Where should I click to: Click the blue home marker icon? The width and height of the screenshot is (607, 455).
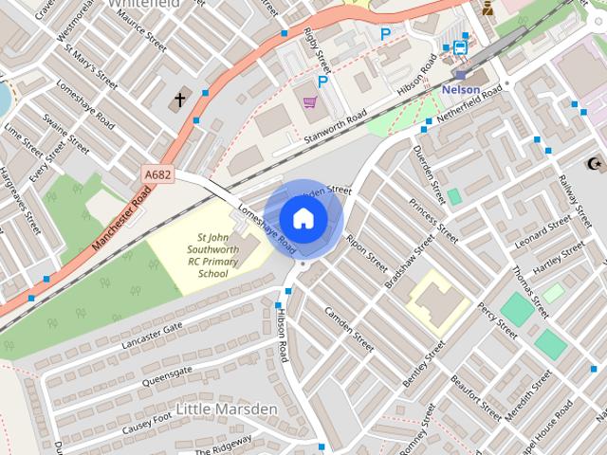[x=303, y=218]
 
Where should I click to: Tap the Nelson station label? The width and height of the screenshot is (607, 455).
[x=461, y=89]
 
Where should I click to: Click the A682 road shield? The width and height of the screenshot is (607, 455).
[x=157, y=174]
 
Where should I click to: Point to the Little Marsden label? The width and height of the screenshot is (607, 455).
[x=227, y=409]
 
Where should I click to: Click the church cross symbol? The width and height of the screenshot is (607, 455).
[x=180, y=100]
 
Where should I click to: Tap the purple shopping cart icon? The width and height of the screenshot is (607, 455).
[x=309, y=100]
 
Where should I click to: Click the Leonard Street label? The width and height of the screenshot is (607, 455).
[x=543, y=232]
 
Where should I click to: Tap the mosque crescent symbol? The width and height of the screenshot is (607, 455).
[x=595, y=164]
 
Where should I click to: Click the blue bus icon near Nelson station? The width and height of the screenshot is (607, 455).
[x=460, y=46]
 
